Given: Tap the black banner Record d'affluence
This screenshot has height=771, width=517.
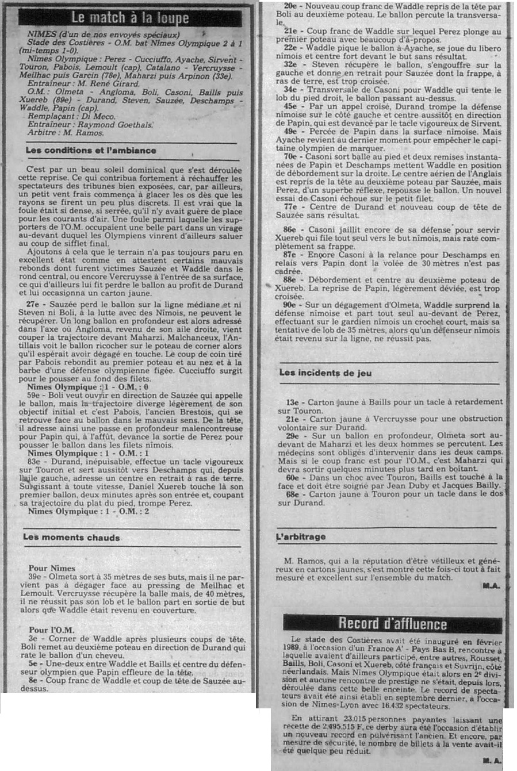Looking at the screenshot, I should coord(392,623).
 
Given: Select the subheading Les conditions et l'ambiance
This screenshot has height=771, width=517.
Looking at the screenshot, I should coord(91,151).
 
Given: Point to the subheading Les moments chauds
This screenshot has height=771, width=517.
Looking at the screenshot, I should coord(71,538).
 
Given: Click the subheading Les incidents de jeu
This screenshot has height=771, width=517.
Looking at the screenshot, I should coord(325,373).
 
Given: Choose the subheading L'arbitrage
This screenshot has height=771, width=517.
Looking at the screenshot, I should coord(301,536).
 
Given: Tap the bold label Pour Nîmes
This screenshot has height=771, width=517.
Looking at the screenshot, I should coord(52,569).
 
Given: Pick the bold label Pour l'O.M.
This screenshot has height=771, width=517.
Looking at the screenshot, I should coord(52,630).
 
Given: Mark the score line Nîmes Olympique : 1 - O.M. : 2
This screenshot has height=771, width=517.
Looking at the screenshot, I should coord(89,511).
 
